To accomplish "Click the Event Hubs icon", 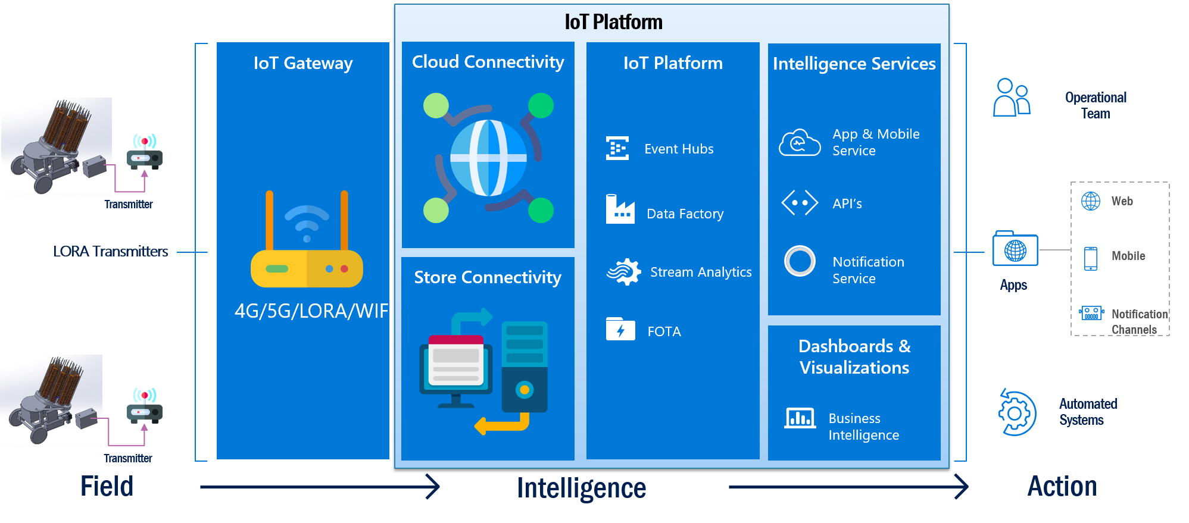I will [x=617, y=148].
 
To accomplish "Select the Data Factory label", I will [x=685, y=214].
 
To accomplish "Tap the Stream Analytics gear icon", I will [x=623, y=272].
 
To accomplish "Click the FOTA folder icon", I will [x=620, y=329].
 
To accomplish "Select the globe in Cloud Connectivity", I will [x=488, y=158].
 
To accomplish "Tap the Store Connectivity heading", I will [x=488, y=277].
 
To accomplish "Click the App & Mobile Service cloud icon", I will [x=800, y=143].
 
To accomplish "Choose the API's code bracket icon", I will [x=800, y=203].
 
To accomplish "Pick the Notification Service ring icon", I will [x=800, y=261].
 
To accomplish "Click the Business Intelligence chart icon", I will [x=800, y=418].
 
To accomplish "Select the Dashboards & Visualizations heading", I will [x=854, y=356].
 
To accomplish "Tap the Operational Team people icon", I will [x=1011, y=98].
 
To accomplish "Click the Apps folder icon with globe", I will [x=1015, y=249].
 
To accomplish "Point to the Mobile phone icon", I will [x=1091, y=258].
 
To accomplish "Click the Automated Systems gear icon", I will [x=1016, y=413].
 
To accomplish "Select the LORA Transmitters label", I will [x=111, y=252].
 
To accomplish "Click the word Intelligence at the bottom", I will [x=581, y=488].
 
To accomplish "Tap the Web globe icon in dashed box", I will [x=1091, y=201].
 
